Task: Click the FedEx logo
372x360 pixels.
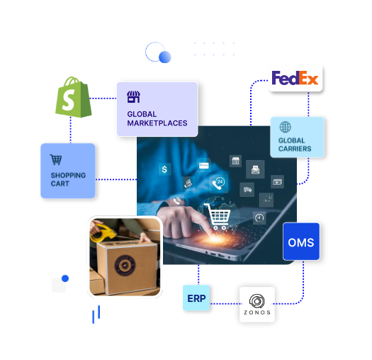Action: point(295,78)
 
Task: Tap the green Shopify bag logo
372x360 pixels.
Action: point(73,97)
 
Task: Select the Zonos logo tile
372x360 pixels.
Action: point(257,305)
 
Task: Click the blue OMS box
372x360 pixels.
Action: point(301,242)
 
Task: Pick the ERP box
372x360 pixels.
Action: point(196,298)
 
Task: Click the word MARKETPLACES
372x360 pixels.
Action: point(157,123)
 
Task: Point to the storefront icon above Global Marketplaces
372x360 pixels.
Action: point(133,97)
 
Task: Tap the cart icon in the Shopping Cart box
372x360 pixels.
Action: point(56,159)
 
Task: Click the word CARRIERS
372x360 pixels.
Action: point(295,149)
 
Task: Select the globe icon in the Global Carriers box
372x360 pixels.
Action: point(285,127)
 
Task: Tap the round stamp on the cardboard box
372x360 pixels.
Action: point(125,266)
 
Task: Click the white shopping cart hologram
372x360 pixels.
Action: point(218,216)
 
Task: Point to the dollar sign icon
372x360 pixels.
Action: point(164,169)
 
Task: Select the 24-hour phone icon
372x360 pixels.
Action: point(218,184)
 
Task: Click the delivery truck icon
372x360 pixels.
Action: point(247,190)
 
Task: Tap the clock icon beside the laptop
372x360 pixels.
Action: point(259,218)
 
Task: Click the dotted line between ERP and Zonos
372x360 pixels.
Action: point(225,304)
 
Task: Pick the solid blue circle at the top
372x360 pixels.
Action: point(165,57)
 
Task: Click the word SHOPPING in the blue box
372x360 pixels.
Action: point(68,175)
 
